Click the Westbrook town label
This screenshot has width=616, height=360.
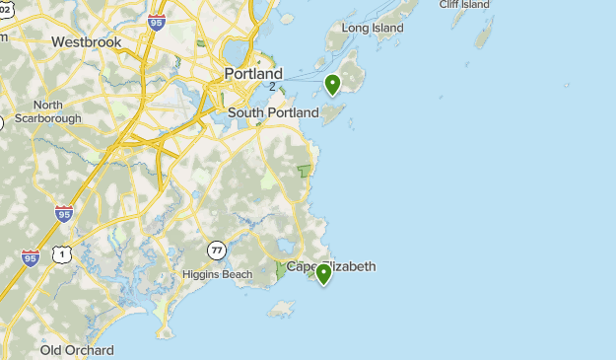click(86, 42)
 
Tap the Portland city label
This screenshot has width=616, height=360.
click(253, 74)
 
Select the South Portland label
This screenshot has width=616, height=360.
click(273, 112)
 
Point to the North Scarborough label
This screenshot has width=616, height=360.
click(47, 111)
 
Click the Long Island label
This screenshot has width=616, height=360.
click(373, 29)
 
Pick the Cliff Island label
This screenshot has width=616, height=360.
click(464, 5)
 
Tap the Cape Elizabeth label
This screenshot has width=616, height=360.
click(330, 266)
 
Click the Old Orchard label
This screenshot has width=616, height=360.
click(77, 350)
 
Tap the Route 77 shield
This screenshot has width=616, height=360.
click(216, 249)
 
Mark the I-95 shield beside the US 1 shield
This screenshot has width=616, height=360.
click(31, 258)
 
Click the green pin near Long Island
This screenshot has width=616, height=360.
click(333, 85)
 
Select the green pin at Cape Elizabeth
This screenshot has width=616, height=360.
click(322, 274)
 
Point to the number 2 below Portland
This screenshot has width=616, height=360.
click(272, 87)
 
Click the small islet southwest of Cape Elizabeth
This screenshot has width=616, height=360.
click(282, 310)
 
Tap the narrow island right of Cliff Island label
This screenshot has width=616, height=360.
click(484, 36)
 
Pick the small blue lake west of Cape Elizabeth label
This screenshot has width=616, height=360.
click(285, 247)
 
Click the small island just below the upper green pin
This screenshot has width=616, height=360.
click(333, 115)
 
